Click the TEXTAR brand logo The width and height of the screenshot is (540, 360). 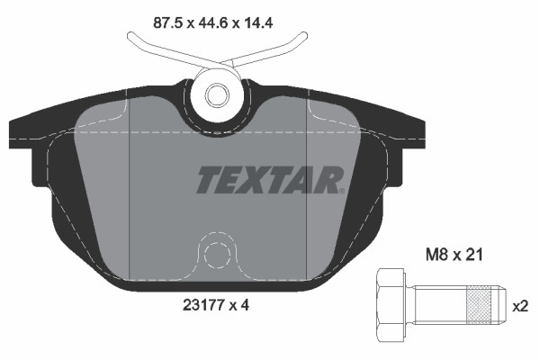269,180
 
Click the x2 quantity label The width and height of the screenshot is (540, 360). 520,305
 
